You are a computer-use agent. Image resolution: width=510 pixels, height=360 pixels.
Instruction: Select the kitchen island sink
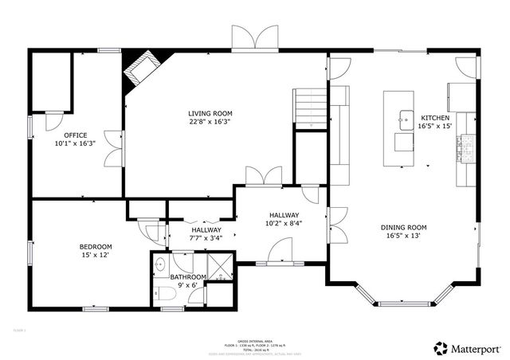pos(402,120)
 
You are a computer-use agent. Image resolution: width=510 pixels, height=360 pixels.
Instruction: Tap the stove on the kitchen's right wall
pos(462,145)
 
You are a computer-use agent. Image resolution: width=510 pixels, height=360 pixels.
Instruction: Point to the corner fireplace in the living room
pos(139,69)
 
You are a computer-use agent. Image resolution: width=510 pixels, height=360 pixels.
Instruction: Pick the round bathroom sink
pos(159,264)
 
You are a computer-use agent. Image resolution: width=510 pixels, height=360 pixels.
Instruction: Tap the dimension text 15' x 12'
pos(95,256)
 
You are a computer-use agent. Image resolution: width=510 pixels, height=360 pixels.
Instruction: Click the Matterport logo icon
pos(440,347)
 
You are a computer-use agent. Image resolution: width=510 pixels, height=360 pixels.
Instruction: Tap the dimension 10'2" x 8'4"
pos(283,225)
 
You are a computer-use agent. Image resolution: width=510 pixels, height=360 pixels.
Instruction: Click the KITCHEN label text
pos(435,116)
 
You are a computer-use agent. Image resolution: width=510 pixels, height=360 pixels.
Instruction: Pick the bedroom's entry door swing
pos(151,230)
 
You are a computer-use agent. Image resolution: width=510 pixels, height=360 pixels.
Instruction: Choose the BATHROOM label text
pos(189,277)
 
